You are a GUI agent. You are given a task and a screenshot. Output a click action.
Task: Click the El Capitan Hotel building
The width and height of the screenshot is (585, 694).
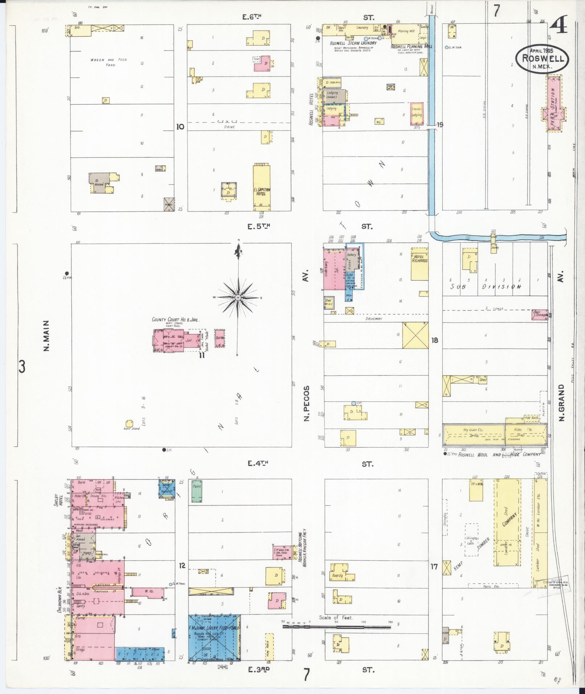tap(261, 187)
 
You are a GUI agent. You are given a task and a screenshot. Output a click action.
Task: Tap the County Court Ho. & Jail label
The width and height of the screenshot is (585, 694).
tap(176, 320)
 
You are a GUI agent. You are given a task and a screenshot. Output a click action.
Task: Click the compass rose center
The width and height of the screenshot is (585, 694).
tap(238, 297)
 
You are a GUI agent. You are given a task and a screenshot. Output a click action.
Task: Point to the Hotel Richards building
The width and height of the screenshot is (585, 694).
tap(419, 264)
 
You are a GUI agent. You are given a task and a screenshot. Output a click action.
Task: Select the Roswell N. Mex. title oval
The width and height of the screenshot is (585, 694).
tap(543, 58)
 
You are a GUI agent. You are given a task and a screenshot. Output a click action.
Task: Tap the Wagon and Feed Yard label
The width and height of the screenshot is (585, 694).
tap(109, 62)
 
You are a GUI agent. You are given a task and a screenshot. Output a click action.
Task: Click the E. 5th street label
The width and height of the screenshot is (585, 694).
tap(259, 227)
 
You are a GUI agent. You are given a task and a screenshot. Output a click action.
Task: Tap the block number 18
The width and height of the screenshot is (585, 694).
tap(434, 340)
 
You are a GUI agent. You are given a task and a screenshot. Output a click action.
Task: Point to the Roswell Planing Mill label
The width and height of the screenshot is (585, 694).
tap(411, 46)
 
